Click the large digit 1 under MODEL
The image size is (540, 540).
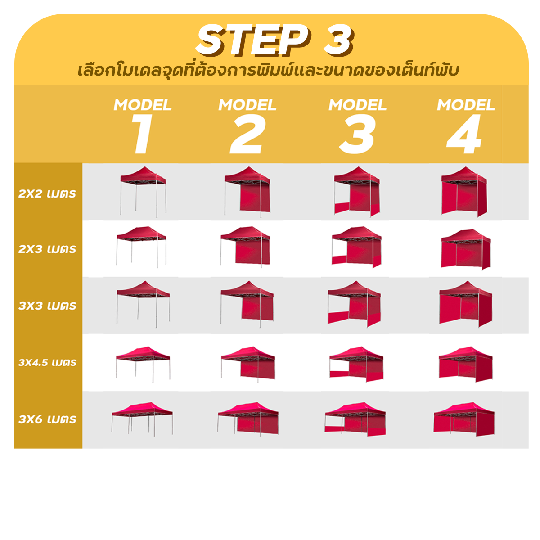[142, 134]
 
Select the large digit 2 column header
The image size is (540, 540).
[247, 134]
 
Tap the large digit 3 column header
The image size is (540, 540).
[357, 134]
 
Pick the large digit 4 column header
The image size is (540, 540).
[464, 134]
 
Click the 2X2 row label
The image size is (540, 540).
[47, 194]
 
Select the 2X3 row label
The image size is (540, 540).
[47, 249]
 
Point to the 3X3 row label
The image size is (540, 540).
[47, 306]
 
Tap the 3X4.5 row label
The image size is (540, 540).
[47, 363]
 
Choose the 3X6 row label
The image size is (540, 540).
[47, 419]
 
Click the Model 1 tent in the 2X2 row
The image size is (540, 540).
[143, 192]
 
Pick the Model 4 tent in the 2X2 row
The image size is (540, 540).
[464, 192]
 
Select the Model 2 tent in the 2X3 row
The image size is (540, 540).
[245, 247]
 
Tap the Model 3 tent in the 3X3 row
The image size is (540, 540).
[355, 304]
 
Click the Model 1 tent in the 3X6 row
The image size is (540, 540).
[142, 419]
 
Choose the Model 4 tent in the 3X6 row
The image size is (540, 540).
[464, 419]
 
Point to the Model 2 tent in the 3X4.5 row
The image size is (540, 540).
[248, 364]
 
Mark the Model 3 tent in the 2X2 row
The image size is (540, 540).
[357, 192]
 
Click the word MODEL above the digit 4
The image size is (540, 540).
[466, 105]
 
